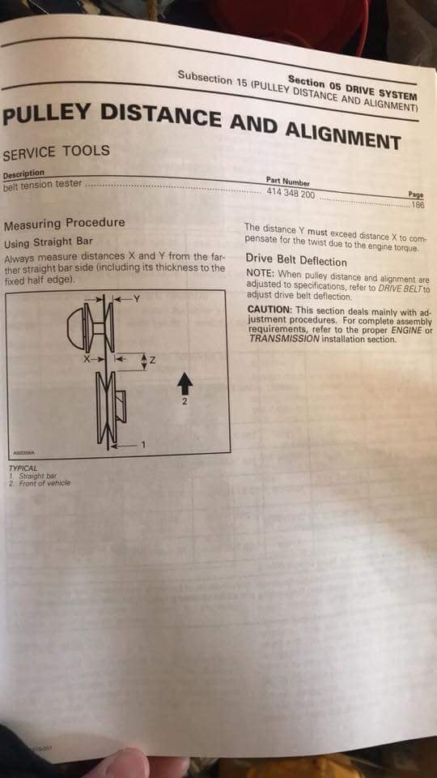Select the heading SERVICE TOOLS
pos(56,152)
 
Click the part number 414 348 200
pos(291,193)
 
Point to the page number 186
pos(418,204)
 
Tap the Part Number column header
pos(287,182)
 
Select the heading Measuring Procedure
pos(64,223)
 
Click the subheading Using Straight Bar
pos(49,242)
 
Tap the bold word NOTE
pos(260,273)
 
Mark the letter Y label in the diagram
pos(138,299)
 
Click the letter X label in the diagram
pos(84,357)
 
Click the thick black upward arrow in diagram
pos(184,383)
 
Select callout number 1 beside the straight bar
pos(143,444)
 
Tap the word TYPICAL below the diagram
pos(22,468)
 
